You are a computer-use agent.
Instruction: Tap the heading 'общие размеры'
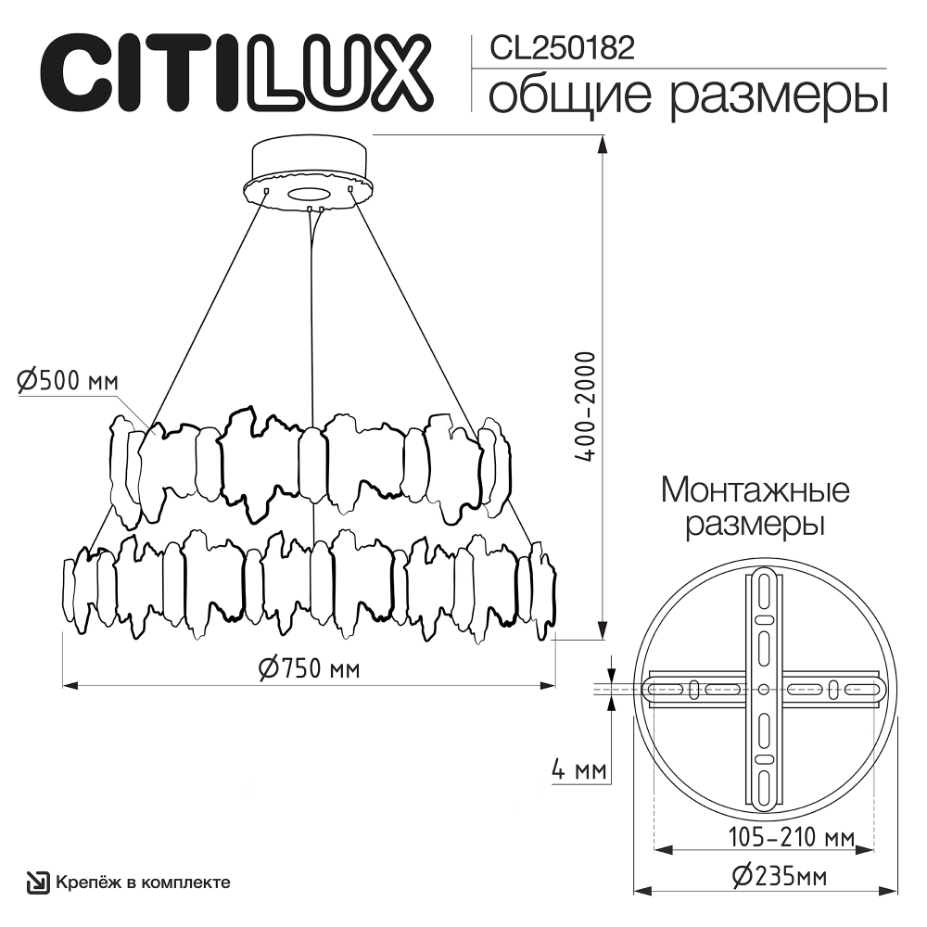pyautogui.click(x=687, y=96)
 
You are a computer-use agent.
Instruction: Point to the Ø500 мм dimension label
pyautogui.click(x=68, y=379)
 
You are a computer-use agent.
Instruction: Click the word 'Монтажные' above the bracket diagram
pyautogui.click(x=755, y=489)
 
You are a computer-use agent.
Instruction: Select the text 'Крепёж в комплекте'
pyautogui.click(x=143, y=883)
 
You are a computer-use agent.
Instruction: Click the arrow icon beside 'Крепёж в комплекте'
pyautogui.click(x=38, y=883)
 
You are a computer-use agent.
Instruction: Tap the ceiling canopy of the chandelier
pyautogui.click(x=309, y=171)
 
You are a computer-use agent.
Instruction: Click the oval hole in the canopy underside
pyautogui.click(x=308, y=194)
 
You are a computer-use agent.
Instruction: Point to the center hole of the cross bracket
pyautogui.click(x=763, y=689)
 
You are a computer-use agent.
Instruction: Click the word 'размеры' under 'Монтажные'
pyautogui.click(x=755, y=526)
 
